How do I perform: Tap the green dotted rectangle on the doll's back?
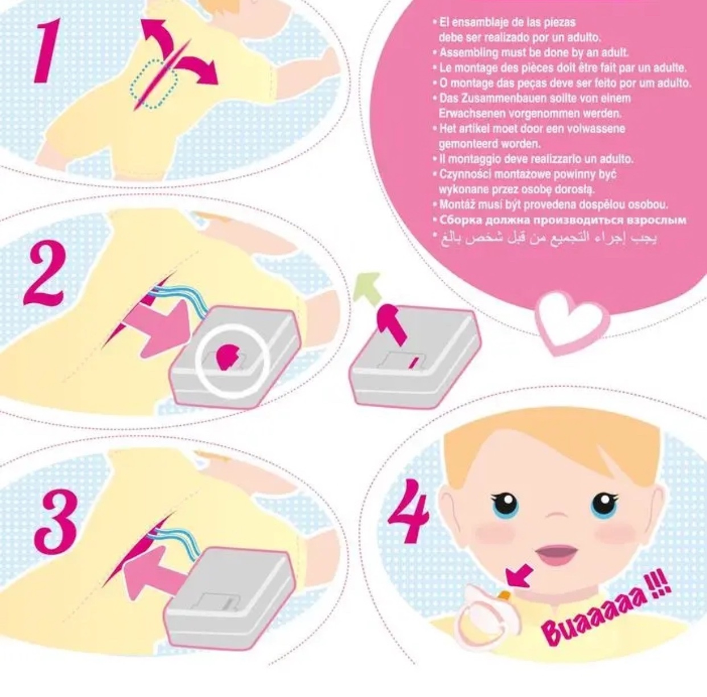pyautogui.click(x=154, y=84)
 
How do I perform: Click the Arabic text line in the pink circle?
pyautogui.click(x=544, y=238)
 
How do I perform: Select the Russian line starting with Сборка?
pyautogui.click(x=559, y=220)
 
